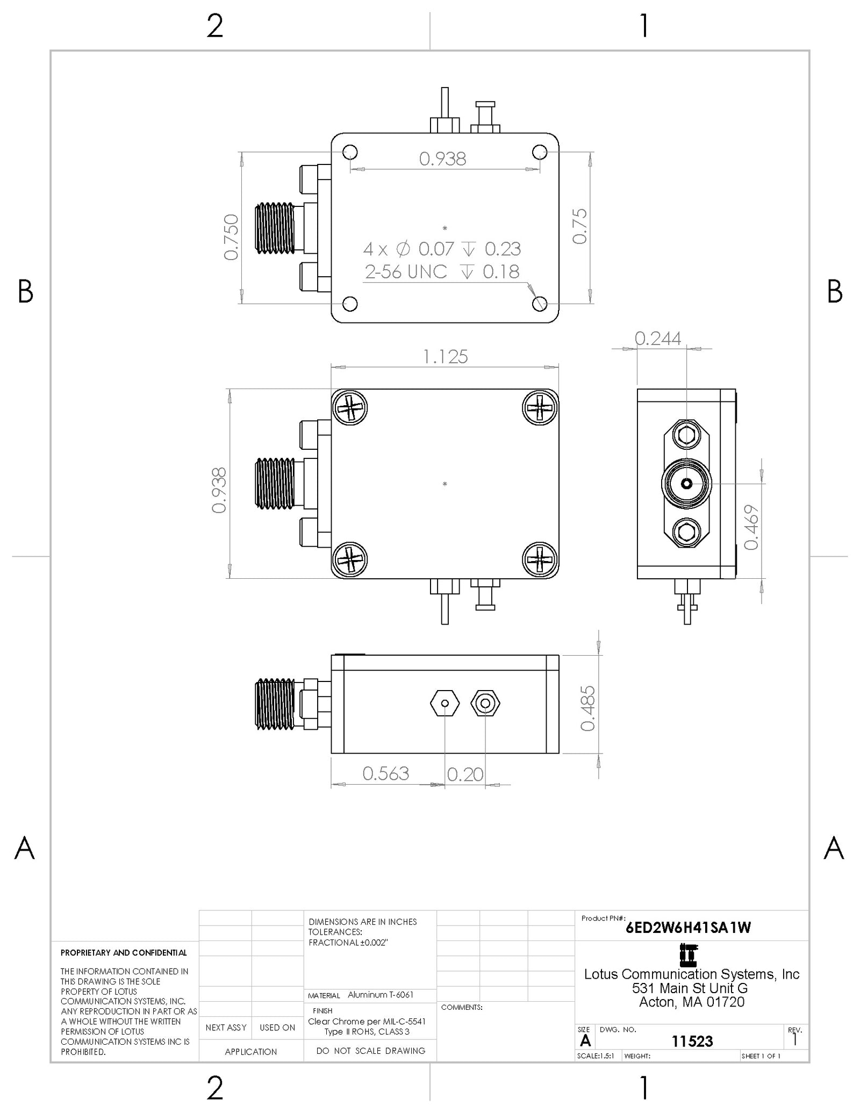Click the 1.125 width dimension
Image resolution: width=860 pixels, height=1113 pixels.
coord(445,356)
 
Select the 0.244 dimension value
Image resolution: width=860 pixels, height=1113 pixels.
coord(657,338)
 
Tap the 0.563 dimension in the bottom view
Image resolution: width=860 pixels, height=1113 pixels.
coord(385,773)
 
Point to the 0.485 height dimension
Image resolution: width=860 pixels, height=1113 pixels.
coord(587,708)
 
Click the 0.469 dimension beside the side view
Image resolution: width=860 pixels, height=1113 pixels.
coord(751,527)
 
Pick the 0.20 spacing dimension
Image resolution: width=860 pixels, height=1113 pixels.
coord(465,774)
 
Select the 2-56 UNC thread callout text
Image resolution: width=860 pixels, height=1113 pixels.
coord(406,272)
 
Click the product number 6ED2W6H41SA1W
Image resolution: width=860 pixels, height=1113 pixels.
coord(688,928)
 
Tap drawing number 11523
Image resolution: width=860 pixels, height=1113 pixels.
coord(692,1041)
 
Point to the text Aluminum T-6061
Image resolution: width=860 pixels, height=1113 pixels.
coord(381,995)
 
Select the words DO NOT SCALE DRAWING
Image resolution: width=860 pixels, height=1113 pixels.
coord(370,1051)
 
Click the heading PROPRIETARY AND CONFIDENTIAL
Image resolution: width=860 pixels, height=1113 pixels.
coord(124,953)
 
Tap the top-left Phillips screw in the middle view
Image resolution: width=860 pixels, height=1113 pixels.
coord(350,407)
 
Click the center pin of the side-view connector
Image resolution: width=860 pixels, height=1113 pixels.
coord(686,484)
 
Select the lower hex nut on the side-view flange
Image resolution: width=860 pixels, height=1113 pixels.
coord(686,533)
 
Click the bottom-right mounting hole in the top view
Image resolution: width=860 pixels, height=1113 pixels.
coord(540,304)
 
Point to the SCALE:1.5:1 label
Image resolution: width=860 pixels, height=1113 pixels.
coord(595,1056)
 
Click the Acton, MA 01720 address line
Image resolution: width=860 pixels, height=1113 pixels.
coord(692,1002)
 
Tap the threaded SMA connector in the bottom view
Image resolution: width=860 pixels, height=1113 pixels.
coord(275,704)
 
